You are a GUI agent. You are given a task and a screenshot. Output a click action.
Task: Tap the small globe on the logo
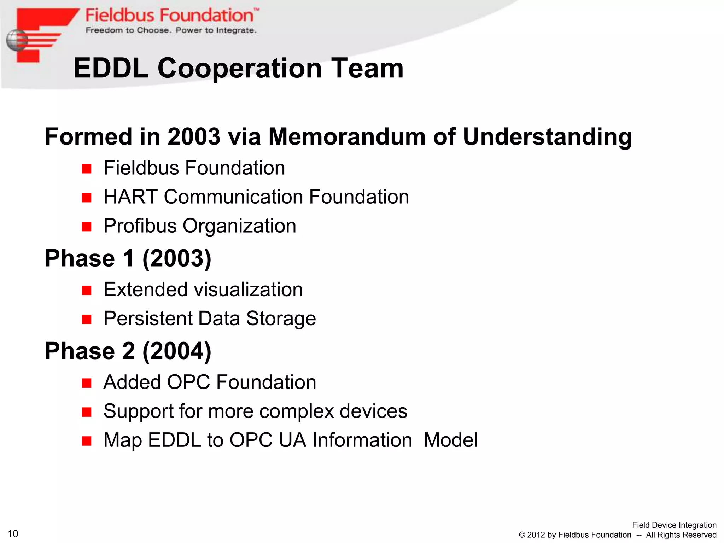16,40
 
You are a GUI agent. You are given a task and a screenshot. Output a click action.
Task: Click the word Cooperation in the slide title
239,68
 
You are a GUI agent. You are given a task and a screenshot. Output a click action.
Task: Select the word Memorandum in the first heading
347,136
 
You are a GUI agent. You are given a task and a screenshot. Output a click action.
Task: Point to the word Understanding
547,137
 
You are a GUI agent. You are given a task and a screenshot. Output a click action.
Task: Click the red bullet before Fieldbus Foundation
87,169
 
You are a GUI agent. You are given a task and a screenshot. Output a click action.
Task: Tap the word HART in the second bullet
130,197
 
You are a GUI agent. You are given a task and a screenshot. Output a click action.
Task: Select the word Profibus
140,226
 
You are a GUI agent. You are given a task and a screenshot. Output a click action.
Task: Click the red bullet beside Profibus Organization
87,227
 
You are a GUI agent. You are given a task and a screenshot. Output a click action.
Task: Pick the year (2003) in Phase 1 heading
177,258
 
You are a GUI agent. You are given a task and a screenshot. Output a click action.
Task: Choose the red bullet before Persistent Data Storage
87,320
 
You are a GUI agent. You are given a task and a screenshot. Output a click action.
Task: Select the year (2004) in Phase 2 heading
177,351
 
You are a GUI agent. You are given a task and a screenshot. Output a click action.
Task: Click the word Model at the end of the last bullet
450,440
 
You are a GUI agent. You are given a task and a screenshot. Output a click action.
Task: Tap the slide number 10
13,533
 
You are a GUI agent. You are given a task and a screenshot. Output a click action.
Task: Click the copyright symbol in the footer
522,535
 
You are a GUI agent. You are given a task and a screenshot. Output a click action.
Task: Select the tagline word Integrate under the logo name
236,31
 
